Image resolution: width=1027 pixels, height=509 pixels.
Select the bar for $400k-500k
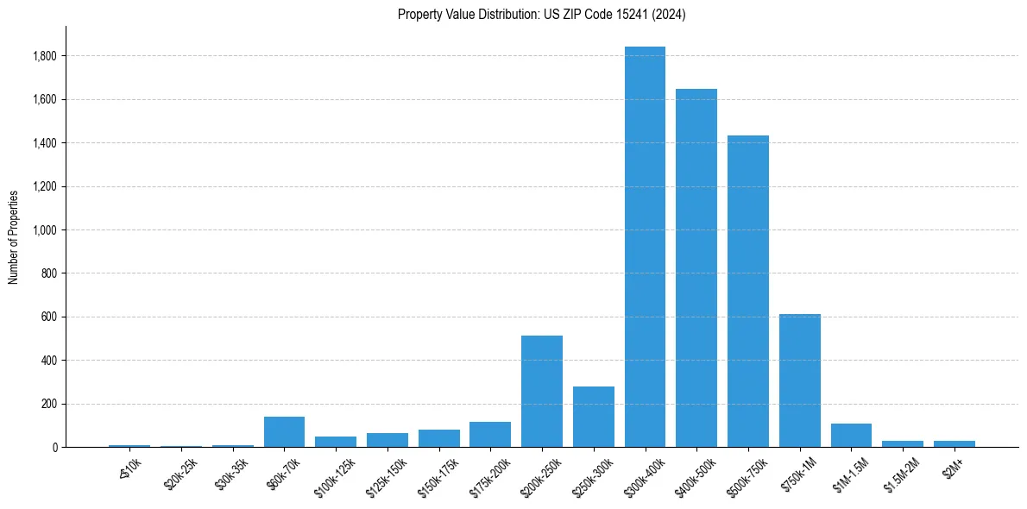tap(696, 267)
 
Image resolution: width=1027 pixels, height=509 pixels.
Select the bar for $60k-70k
tap(284, 431)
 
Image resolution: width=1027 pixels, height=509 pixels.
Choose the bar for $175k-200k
tap(490, 434)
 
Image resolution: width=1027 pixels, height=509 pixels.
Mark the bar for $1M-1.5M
tap(851, 435)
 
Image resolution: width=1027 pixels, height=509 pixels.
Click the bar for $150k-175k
tap(438, 438)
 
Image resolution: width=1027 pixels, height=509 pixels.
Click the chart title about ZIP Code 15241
tap(542, 15)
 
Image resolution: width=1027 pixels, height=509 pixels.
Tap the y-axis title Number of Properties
tap(14, 236)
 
